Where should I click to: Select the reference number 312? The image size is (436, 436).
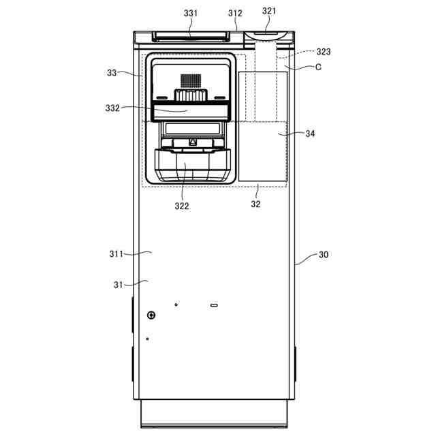click(235, 13)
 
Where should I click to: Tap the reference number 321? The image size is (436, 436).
click(270, 11)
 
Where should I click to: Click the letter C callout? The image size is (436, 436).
click(318, 67)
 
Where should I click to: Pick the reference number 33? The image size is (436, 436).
click(112, 72)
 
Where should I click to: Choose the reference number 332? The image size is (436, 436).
click(112, 108)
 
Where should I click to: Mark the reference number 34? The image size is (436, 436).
click(310, 134)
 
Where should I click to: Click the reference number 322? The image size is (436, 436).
click(181, 206)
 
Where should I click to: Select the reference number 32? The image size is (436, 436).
click(256, 204)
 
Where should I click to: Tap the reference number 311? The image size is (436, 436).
click(116, 254)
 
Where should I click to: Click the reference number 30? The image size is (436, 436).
click(324, 255)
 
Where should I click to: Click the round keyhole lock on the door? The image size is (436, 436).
click(151, 315)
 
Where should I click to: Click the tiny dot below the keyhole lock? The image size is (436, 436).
click(147, 339)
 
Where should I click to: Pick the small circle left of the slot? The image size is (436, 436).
click(176, 305)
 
